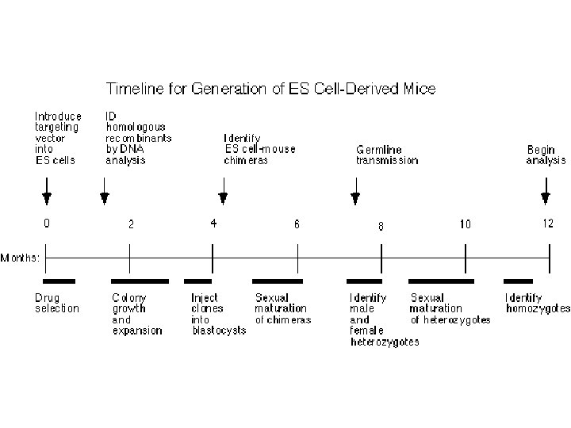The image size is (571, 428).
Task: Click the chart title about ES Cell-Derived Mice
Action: click(271, 89)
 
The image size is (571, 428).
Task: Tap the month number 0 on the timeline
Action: click(47, 224)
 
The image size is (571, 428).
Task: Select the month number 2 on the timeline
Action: click(131, 224)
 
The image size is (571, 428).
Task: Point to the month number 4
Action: click(213, 224)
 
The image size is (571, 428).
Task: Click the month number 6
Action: click(297, 224)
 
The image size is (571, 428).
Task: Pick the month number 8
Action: click(381, 226)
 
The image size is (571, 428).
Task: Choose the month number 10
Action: click(465, 224)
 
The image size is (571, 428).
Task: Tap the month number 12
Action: click(548, 224)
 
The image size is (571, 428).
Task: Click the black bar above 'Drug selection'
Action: click(59, 281)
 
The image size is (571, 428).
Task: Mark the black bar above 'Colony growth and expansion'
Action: click(140, 281)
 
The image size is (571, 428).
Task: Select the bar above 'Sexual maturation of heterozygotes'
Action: click(441, 281)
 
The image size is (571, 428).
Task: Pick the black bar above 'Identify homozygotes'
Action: click(519, 281)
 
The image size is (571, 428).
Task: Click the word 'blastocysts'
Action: click(219, 331)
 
